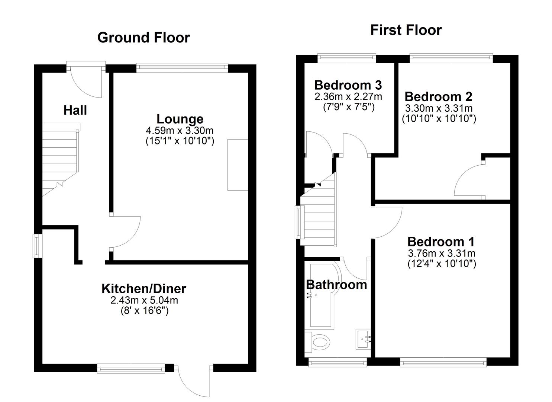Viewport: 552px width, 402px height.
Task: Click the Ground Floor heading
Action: coord(143,38)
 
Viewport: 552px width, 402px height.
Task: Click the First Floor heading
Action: coord(406,31)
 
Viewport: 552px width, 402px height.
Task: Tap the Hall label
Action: coord(75,110)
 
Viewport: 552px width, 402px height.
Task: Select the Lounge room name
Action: coord(180,119)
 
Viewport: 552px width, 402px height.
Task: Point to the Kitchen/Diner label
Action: coord(143,289)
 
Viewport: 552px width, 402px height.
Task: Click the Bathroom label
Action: coord(336,284)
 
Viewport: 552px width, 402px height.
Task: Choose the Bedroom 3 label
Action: coord(348,85)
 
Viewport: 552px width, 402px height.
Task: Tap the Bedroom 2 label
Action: coord(438,96)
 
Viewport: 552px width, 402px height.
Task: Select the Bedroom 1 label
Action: coord(441,242)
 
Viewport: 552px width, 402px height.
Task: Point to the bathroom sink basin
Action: coord(363,339)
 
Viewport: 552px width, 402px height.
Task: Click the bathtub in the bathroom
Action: coord(325,297)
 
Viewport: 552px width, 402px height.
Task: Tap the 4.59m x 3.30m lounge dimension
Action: coord(180,130)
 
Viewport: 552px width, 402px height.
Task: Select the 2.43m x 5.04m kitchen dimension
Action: coord(144,300)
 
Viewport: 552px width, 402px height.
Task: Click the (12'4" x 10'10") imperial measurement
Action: coord(442,264)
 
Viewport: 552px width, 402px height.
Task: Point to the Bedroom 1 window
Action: coord(443,363)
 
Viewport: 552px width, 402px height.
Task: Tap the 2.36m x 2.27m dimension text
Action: coord(348,96)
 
